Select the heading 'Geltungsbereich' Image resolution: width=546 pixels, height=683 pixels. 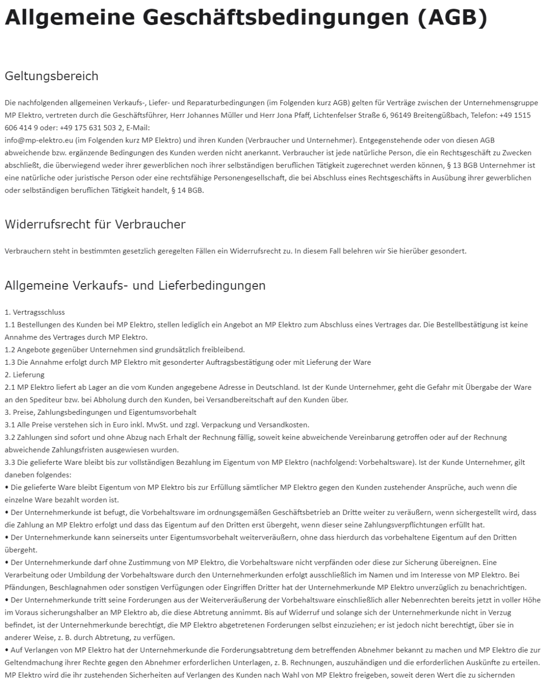51,76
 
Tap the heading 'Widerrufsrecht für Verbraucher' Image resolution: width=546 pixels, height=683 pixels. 95,224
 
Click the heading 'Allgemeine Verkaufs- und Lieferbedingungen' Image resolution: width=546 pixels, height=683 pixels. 135,285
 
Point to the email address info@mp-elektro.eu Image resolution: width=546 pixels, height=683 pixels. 39,140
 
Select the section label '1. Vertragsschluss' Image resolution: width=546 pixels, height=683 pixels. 35,312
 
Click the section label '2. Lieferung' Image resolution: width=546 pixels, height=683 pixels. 25,375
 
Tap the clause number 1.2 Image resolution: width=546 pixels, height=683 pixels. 10,350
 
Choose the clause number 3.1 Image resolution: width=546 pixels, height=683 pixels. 10,425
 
